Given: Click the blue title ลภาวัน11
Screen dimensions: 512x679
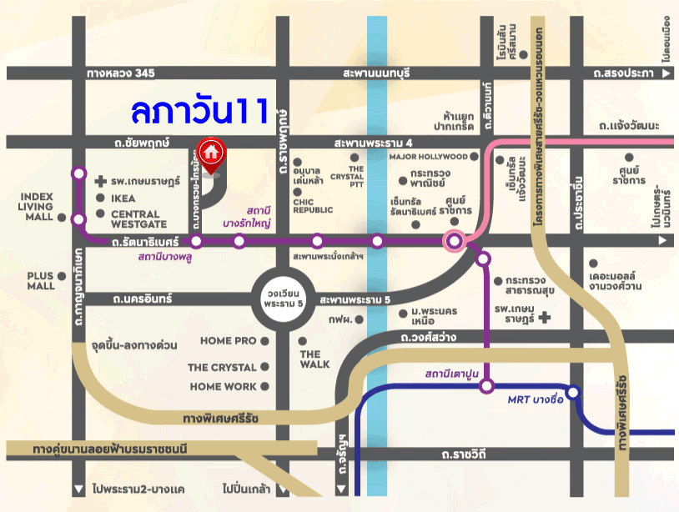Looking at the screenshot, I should [199, 110].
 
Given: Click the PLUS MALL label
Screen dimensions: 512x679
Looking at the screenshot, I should [40, 281].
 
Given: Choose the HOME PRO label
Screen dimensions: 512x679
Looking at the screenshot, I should [228, 341].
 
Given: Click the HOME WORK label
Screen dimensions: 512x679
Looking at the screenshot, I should [223, 387].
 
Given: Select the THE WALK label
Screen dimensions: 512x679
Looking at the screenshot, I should [314, 359].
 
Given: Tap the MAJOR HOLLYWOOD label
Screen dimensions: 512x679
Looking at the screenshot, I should [429, 157].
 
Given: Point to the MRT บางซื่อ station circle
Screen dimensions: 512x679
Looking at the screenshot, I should [572, 392].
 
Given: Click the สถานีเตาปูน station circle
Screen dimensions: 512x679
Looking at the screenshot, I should [486, 386].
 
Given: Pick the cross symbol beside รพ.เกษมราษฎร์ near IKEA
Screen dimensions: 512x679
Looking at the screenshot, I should [101, 181].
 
